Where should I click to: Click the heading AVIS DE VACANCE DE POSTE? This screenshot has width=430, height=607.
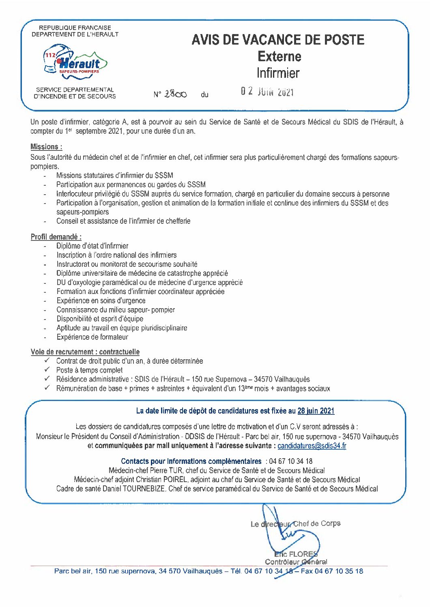tap(278, 39)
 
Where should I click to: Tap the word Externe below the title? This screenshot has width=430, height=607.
tap(279, 56)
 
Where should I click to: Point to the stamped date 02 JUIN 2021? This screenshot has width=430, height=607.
tap(267, 92)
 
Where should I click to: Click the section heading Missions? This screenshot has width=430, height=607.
tap(46, 147)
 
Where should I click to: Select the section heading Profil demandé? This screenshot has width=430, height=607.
tap(56, 237)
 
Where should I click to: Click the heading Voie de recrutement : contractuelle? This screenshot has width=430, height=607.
tap(85, 352)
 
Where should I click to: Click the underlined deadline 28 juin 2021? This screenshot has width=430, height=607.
tap(316, 411)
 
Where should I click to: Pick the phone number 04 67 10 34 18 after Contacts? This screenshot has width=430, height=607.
tap(290, 461)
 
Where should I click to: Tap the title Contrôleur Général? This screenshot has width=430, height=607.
tap(296, 562)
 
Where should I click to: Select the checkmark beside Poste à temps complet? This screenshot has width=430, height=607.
tap(47, 370)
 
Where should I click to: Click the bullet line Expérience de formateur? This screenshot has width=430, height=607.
tap(92, 337)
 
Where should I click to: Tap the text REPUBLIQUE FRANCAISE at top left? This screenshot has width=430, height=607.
tap(75, 28)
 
